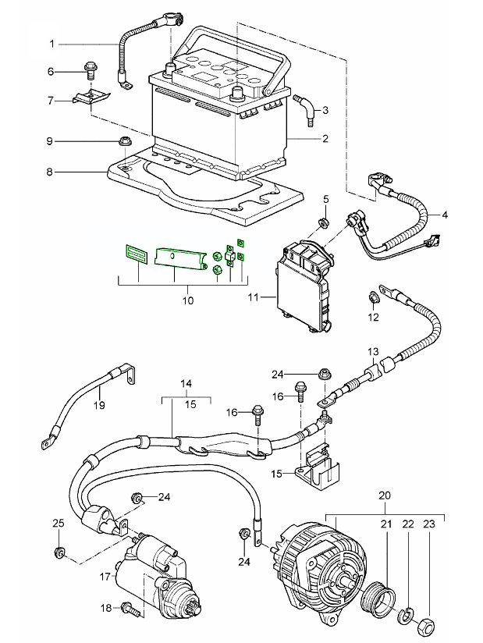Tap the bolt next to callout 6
88,72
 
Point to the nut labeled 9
122,142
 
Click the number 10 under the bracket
187,300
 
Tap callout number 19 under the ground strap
99,404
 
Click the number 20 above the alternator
384,496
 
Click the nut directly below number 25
60,555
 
